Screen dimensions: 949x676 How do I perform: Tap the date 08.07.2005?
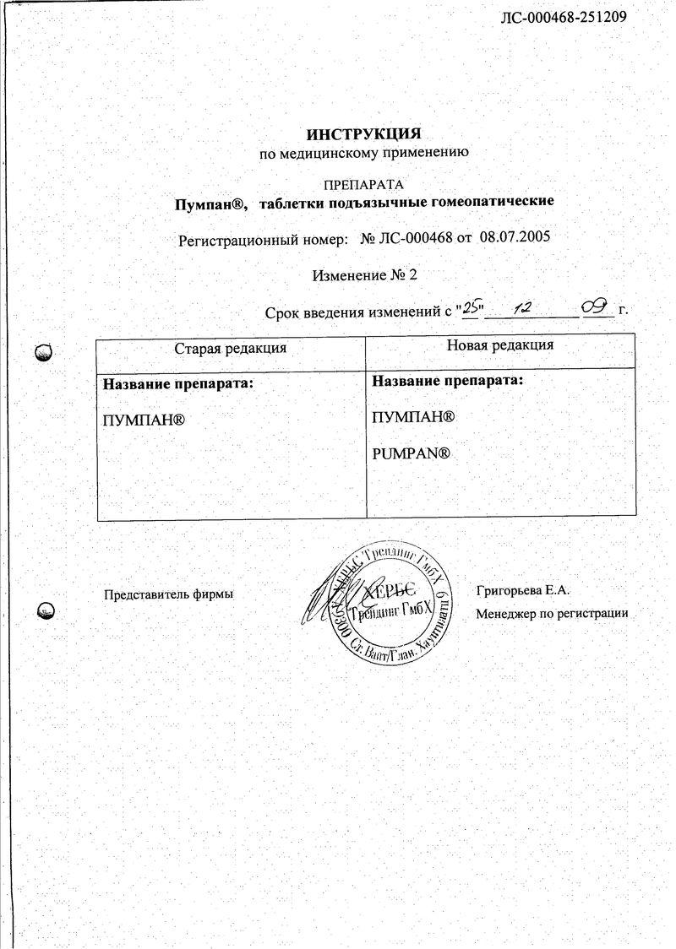click(515, 238)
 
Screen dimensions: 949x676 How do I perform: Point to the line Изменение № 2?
click(364, 275)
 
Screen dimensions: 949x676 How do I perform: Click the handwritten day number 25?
click(470, 309)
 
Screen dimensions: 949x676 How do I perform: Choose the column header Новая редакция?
click(500, 344)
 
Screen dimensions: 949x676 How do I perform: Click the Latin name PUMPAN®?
click(410, 454)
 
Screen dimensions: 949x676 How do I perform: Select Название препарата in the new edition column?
click(448, 381)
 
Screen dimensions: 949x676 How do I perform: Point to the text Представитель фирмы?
click(167, 594)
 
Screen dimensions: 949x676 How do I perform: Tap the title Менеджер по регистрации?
click(552, 614)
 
